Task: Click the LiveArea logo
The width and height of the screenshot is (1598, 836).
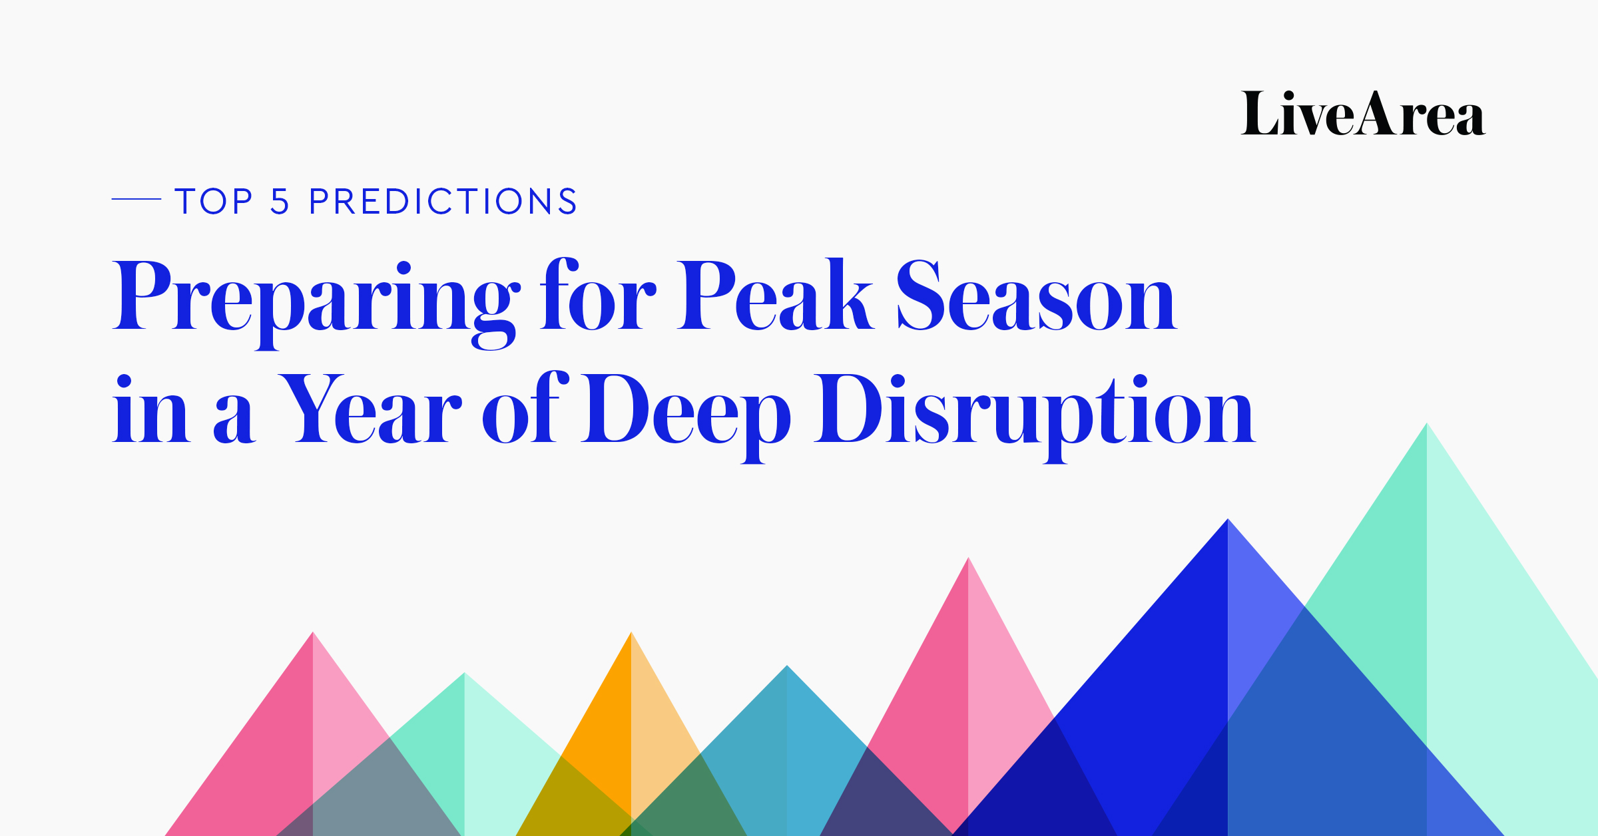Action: click(x=1362, y=114)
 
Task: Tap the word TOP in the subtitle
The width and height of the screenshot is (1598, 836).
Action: click(x=214, y=201)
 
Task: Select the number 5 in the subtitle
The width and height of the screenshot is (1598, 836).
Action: click(x=280, y=201)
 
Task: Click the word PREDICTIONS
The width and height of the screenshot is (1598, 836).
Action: click(x=443, y=201)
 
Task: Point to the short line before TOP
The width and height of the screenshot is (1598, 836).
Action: click(x=136, y=198)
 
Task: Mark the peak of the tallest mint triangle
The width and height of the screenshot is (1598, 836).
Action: click(x=1426, y=425)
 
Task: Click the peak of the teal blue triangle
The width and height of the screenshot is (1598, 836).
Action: click(x=787, y=668)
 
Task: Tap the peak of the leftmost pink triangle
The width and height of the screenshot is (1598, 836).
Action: click(x=313, y=634)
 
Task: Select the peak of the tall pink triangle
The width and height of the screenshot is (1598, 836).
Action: click(x=968, y=560)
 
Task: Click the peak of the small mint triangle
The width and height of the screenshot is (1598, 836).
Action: click(x=465, y=675)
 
